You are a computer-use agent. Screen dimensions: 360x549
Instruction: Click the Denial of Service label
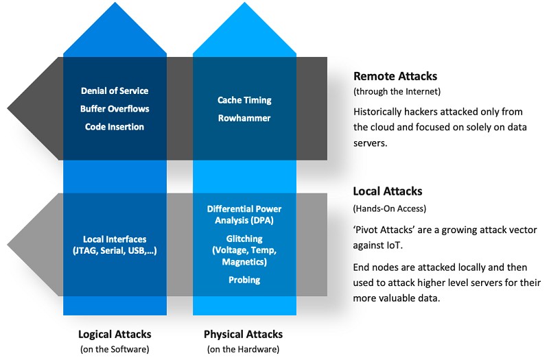point(115,91)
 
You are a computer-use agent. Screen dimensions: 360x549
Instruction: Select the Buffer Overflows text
point(115,108)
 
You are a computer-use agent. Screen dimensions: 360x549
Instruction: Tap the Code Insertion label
point(115,126)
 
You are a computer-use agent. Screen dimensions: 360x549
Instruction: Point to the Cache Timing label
point(244,100)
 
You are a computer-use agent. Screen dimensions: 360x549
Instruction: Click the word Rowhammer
point(244,118)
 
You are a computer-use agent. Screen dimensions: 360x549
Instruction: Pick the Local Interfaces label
point(115,239)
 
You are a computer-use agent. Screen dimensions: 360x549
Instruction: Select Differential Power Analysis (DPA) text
point(244,214)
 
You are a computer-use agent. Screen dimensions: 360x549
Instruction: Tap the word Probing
point(244,280)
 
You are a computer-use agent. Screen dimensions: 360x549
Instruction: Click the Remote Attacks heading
point(395,77)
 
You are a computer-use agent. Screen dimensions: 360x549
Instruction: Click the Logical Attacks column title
point(115,335)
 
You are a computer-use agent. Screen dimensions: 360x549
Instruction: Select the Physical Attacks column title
point(244,335)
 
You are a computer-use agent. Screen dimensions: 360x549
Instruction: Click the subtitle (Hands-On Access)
point(388,208)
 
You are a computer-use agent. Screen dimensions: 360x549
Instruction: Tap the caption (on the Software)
point(115,350)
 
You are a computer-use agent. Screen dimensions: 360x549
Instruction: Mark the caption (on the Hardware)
point(244,350)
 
